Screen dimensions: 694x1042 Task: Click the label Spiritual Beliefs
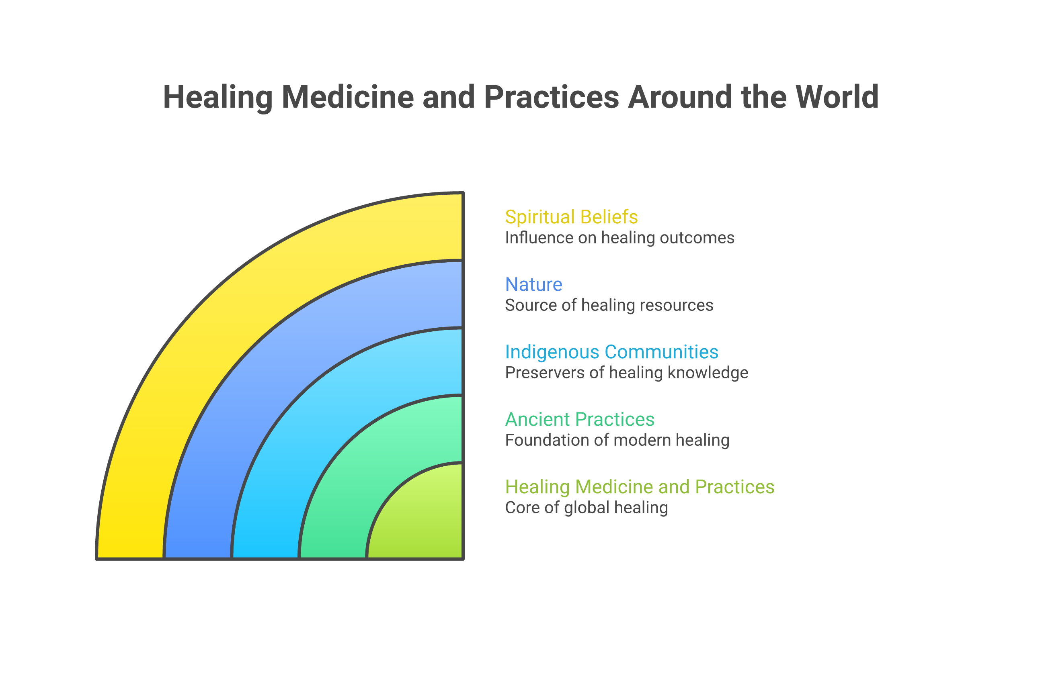571,217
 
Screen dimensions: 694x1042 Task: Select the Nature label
533,284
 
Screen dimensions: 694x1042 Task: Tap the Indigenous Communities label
611,352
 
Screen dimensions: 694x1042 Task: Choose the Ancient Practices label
579,419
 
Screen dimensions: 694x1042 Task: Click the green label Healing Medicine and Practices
640,487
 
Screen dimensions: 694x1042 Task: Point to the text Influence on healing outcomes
619,238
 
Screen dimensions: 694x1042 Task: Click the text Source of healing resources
609,305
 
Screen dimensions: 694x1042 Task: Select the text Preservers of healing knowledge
626,373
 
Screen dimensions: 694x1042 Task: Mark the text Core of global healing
586,508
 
